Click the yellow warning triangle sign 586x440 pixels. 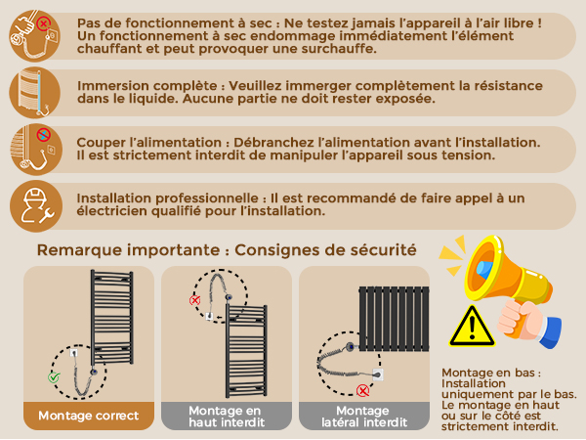coord(472,327)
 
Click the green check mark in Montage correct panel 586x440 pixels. coord(54,377)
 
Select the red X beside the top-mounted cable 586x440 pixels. coord(194,300)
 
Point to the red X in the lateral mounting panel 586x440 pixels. coord(362,390)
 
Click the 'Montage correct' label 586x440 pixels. coord(89,416)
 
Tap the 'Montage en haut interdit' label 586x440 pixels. coord(227,417)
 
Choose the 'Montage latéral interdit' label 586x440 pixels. coord(364,417)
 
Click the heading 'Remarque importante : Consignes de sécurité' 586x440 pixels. coord(227,250)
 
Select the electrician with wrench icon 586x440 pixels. coord(36,206)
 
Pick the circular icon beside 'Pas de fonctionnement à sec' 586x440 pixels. coord(35,35)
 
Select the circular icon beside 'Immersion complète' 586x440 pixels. coord(35,93)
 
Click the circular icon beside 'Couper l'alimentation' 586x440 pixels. coord(36,150)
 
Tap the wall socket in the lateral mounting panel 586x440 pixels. coord(377,374)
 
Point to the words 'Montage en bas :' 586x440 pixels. coord(491,373)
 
